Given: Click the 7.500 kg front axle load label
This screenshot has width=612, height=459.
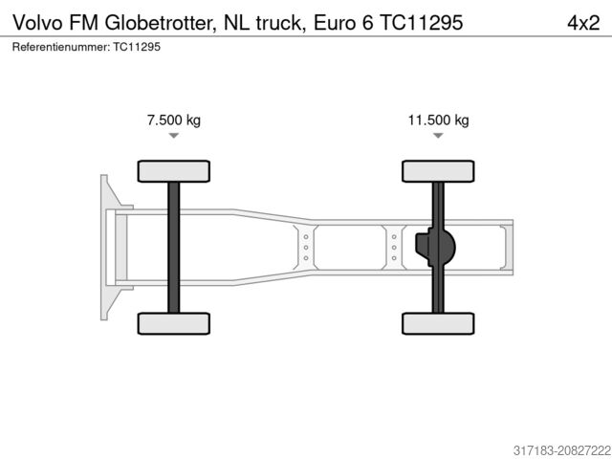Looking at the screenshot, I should tap(173, 120).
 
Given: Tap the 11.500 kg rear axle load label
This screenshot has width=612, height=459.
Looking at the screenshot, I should tap(438, 120).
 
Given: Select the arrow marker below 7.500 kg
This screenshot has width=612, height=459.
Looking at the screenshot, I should tap(173, 137).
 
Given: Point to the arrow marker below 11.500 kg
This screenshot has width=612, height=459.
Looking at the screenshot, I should tap(438, 137).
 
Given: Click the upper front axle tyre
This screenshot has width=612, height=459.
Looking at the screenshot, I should tap(173, 171).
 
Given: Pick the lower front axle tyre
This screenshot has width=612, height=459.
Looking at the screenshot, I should tap(173, 323).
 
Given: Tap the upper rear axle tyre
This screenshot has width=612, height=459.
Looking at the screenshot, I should tap(438, 171).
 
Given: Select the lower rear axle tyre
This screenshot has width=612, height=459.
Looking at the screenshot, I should tap(438, 323).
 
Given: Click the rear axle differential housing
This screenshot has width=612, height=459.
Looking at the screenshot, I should tap(437, 248).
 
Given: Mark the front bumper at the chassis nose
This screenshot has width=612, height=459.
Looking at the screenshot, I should tap(104, 247).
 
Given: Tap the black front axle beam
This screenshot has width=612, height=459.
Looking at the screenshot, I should tap(173, 247).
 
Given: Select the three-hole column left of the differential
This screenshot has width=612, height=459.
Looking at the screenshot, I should tap(394, 247).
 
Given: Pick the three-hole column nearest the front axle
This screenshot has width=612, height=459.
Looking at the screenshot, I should tap(305, 247).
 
